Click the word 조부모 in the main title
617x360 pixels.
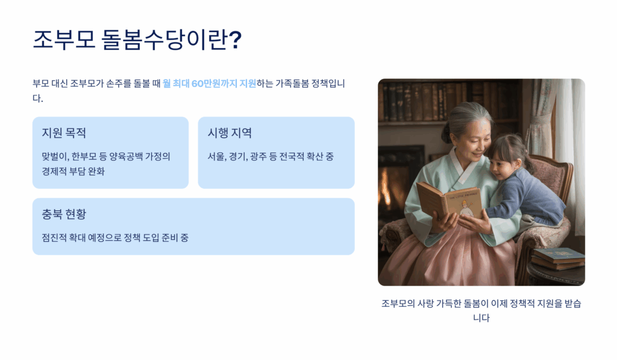(x=64, y=39)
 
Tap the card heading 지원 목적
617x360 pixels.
(x=64, y=133)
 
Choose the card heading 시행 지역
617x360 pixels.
(x=230, y=133)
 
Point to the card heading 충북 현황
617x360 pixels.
(x=64, y=214)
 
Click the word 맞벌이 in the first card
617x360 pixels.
(x=55, y=156)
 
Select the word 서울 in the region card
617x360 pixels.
(x=216, y=156)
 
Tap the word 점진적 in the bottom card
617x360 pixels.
(x=54, y=238)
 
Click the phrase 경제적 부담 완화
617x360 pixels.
(x=73, y=171)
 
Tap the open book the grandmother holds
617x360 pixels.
(x=449, y=201)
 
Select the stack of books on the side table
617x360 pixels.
(x=558, y=259)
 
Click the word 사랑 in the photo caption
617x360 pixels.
(x=425, y=304)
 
